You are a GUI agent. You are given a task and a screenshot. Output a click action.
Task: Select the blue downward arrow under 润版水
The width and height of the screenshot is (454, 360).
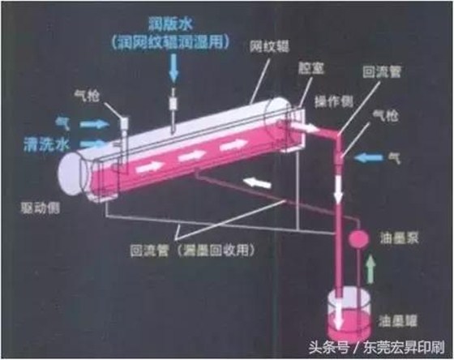(174, 72)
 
